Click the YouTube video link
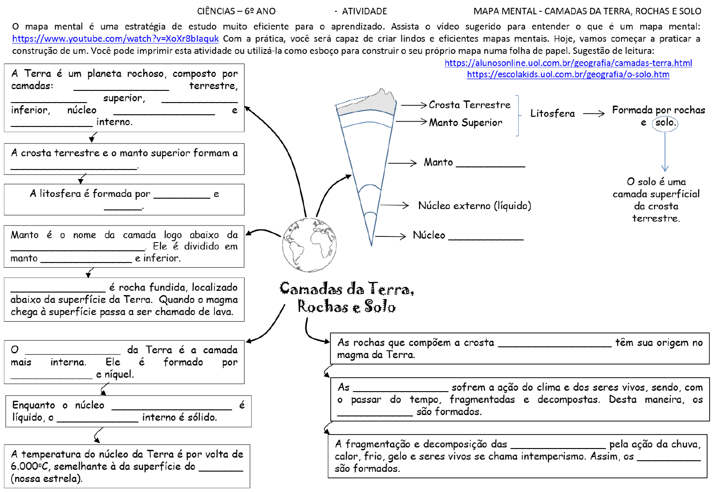click(x=115, y=39)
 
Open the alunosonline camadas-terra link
click(x=568, y=63)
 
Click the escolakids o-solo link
click(x=568, y=74)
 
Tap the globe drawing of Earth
click(x=309, y=245)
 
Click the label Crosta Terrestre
click(x=469, y=105)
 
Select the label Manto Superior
click(x=465, y=123)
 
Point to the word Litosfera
click(x=552, y=113)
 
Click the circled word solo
click(x=665, y=123)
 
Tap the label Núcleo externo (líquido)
click(x=475, y=206)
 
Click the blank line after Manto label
click(x=490, y=165)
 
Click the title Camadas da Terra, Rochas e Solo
click(x=347, y=297)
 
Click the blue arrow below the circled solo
click(x=665, y=152)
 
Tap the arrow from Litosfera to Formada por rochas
click(x=593, y=114)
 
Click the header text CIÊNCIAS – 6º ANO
click(x=236, y=11)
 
